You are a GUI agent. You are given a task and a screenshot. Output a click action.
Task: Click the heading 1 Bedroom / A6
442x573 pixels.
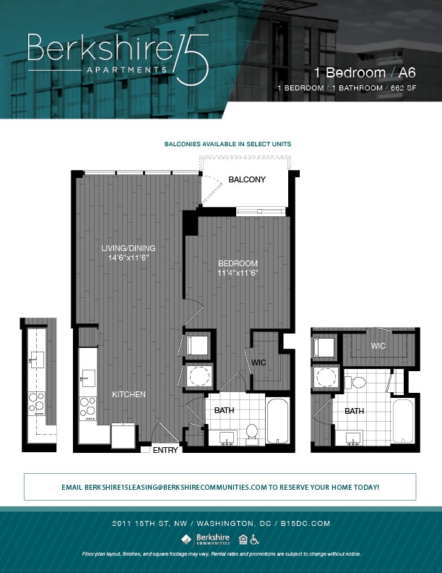[x=365, y=73]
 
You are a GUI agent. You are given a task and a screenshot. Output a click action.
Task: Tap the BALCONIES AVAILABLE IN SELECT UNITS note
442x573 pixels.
[x=227, y=145]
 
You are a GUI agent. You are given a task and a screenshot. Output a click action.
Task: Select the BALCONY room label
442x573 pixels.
[x=247, y=179]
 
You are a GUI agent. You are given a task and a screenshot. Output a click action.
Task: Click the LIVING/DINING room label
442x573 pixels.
[x=128, y=248]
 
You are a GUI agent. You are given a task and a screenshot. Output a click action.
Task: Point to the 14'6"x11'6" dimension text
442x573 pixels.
[x=128, y=258]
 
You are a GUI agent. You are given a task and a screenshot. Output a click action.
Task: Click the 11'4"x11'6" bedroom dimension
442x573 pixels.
[x=238, y=273]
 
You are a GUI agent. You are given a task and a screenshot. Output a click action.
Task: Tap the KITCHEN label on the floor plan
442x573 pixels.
[x=129, y=394]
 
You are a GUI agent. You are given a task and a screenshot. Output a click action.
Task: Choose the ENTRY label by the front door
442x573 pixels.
[x=165, y=450]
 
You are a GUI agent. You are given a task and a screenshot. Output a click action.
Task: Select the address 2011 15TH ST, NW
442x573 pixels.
[x=151, y=523]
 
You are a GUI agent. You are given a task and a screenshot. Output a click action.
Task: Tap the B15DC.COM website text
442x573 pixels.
[x=306, y=523]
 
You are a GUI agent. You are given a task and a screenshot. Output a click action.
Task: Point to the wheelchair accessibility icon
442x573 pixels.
[x=255, y=538]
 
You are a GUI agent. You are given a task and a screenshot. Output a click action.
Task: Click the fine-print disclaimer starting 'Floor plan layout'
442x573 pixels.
[x=221, y=553]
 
